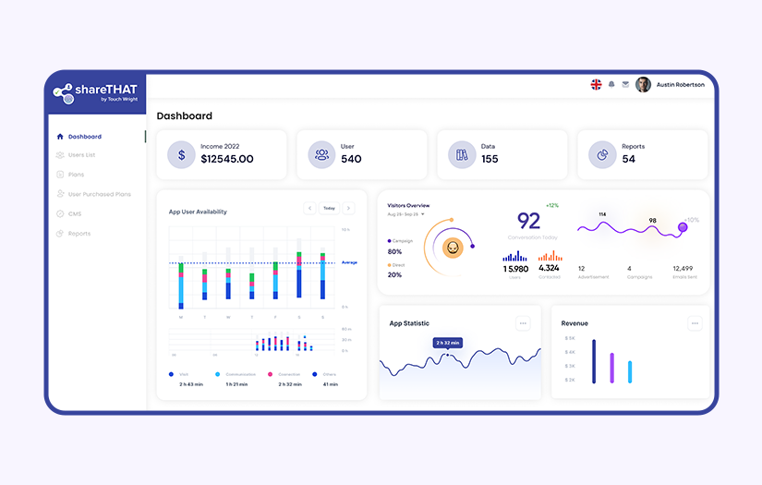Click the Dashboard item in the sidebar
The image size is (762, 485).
(x=83, y=137)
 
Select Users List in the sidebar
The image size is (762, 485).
(x=81, y=155)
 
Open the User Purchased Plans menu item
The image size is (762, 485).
(x=99, y=194)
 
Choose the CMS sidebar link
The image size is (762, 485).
(x=75, y=213)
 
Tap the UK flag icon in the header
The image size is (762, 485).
(x=597, y=85)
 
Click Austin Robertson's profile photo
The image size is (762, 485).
(x=643, y=85)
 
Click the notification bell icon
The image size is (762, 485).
(x=611, y=85)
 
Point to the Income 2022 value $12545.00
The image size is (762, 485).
(x=226, y=159)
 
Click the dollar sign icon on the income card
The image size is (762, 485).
(x=181, y=155)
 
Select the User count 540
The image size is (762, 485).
(x=351, y=159)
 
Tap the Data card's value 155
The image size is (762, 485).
(x=490, y=159)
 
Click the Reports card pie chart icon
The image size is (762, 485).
(x=602, y=155)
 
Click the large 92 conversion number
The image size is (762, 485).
(x=528, y=221)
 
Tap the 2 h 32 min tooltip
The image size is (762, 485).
(x=448, y=343)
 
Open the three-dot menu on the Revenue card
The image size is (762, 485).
(x=695, y=323)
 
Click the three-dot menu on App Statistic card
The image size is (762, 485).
(x=523, y=323)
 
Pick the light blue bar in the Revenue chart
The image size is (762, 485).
(x=630, y=371)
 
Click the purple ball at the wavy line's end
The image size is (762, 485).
(x=683, y=226)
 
